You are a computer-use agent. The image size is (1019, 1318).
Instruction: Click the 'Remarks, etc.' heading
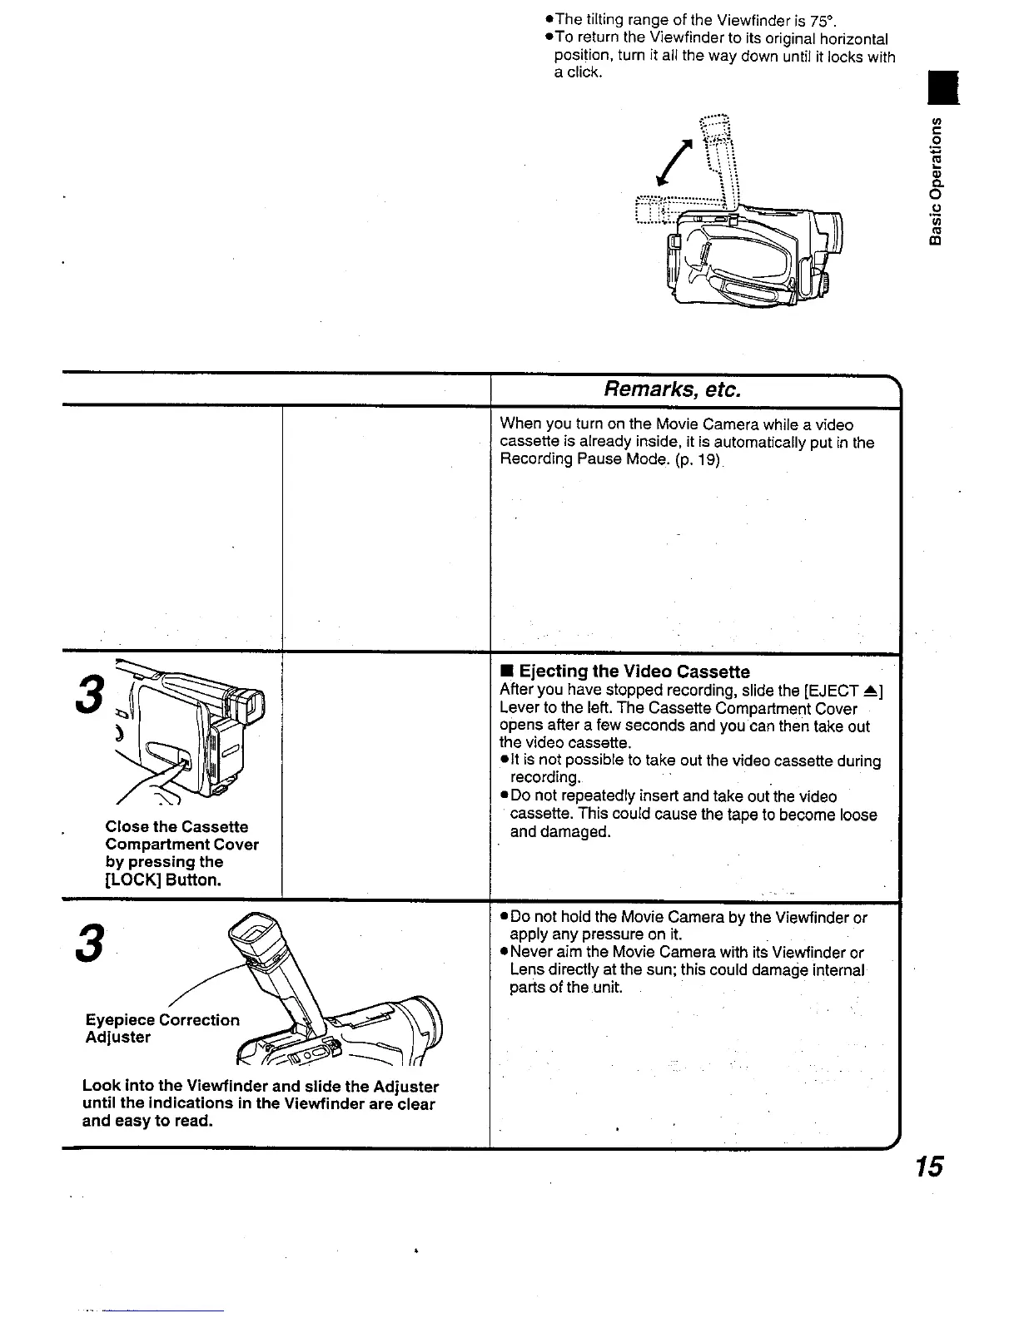pos(672,389)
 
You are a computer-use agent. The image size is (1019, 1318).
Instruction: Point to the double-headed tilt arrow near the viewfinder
pos(675,162)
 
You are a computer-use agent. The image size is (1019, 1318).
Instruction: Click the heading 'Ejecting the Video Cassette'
pos(634,671)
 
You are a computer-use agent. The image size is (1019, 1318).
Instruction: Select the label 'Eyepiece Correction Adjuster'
pos(162,1028)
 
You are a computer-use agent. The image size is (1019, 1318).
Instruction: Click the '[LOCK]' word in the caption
pos(133,879)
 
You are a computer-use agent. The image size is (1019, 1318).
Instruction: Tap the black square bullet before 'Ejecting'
pos(505,671)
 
